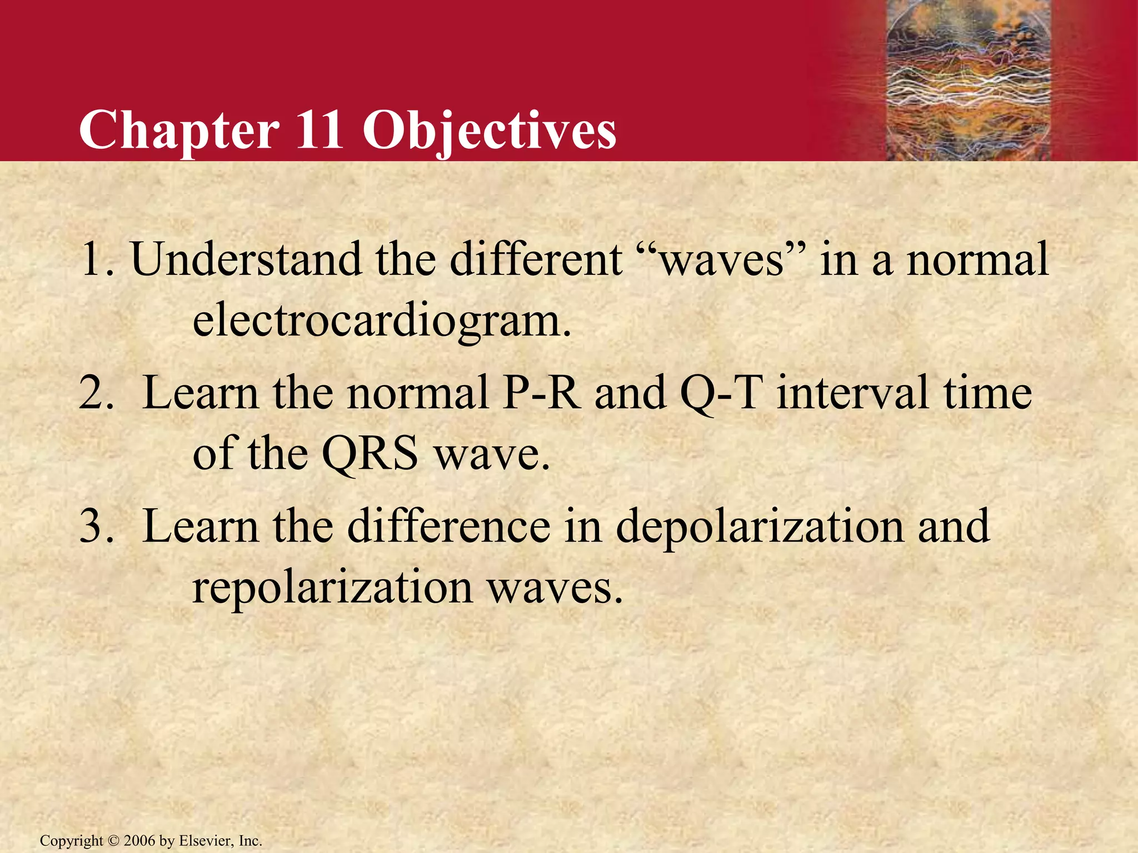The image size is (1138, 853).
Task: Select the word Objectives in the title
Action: [x=489, y=131]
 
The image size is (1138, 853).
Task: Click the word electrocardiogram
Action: [x=382, y=322]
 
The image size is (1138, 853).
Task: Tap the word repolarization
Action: [x=332, y=589]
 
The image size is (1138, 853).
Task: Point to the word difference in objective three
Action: [x=449, y=526]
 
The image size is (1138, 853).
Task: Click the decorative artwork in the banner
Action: [x=967, y=81]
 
